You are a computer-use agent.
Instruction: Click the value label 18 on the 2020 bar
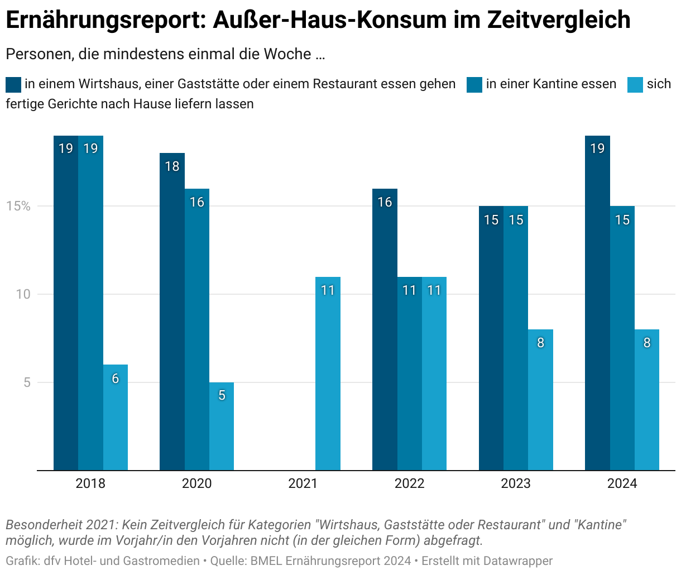click(x=172, y=166)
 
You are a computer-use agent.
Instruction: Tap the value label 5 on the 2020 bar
click(x=222, y=395)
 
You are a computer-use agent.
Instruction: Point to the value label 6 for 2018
click(x=116, y=378)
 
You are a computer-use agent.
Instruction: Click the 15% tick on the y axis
click(x=18, y=206)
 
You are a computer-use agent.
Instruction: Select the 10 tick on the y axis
click(x=22, y=294)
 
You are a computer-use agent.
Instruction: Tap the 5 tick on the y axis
click(x=26, y=382)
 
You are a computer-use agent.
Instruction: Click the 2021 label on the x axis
click(x=303, y=483)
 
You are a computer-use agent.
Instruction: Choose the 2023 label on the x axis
click(x=515, y=483)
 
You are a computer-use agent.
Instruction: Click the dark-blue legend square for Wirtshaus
click(x=13, y=84)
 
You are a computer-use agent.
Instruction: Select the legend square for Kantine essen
click(x=474, y=84)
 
